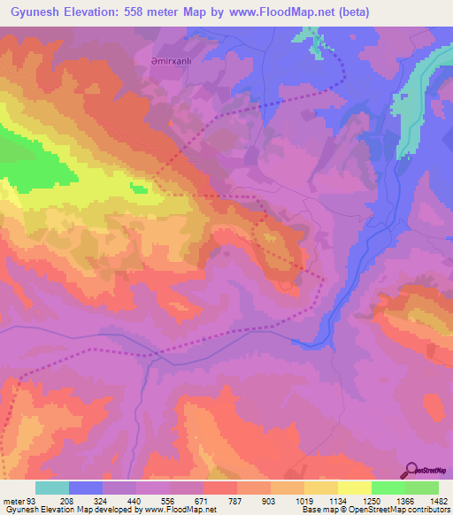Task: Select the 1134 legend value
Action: point(320,502)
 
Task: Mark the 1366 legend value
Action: point(388,502)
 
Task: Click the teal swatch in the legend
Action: point(52,488)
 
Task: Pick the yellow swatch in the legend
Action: point(354,488)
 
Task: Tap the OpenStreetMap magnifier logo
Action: point(411,469)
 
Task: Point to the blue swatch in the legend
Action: point(86,488)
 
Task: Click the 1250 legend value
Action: point(354,502)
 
